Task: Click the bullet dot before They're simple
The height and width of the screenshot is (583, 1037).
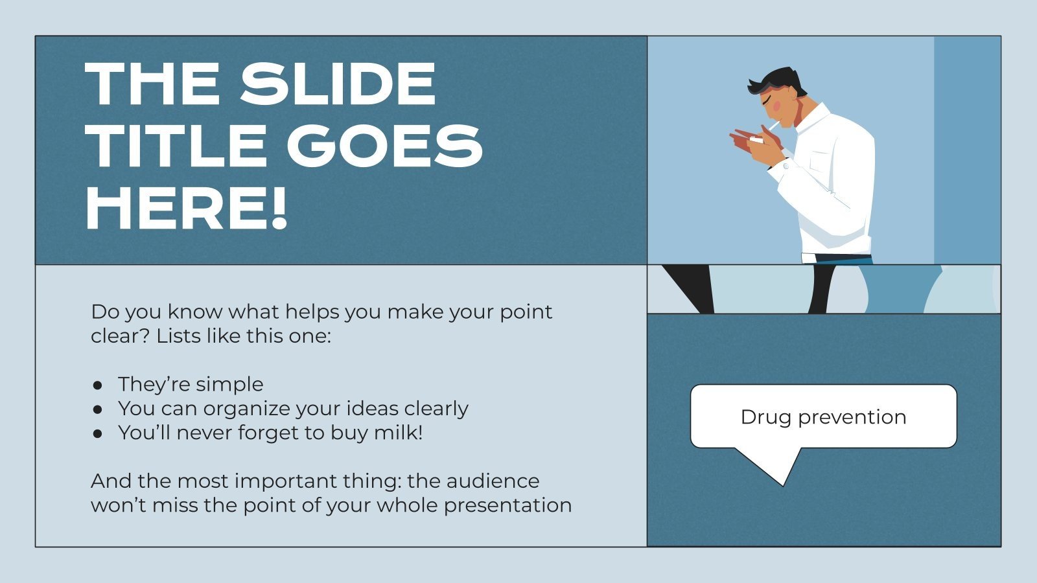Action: (98, 385)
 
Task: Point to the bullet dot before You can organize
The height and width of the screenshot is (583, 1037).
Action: (98, 409)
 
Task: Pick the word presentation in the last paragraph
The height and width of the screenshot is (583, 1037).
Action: (507, 505)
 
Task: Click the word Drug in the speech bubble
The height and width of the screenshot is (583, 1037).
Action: (766, 417)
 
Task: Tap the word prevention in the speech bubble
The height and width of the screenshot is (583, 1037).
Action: (852, 417)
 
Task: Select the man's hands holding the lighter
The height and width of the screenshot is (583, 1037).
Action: (755, 144)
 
